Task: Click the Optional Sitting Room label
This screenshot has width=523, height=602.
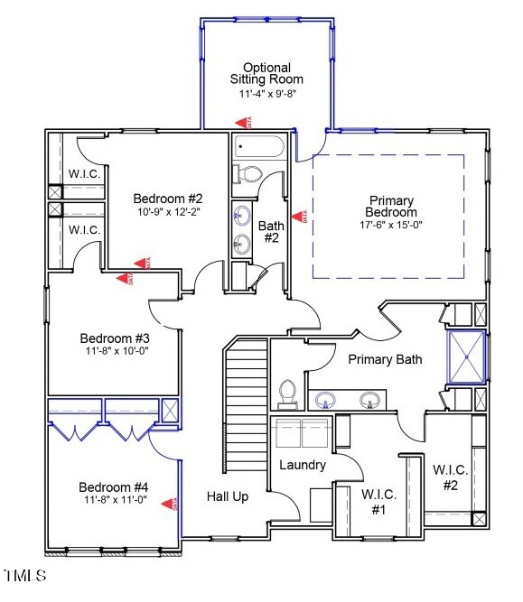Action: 266,74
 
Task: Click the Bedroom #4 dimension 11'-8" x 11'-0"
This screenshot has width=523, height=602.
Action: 113,499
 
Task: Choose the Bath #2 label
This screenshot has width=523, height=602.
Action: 270,231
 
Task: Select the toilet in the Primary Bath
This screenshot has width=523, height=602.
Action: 288,394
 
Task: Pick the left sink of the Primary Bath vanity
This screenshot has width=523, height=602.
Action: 324,400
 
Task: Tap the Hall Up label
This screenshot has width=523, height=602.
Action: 227,495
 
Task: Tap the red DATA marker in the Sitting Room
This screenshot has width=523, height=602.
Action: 241,121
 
